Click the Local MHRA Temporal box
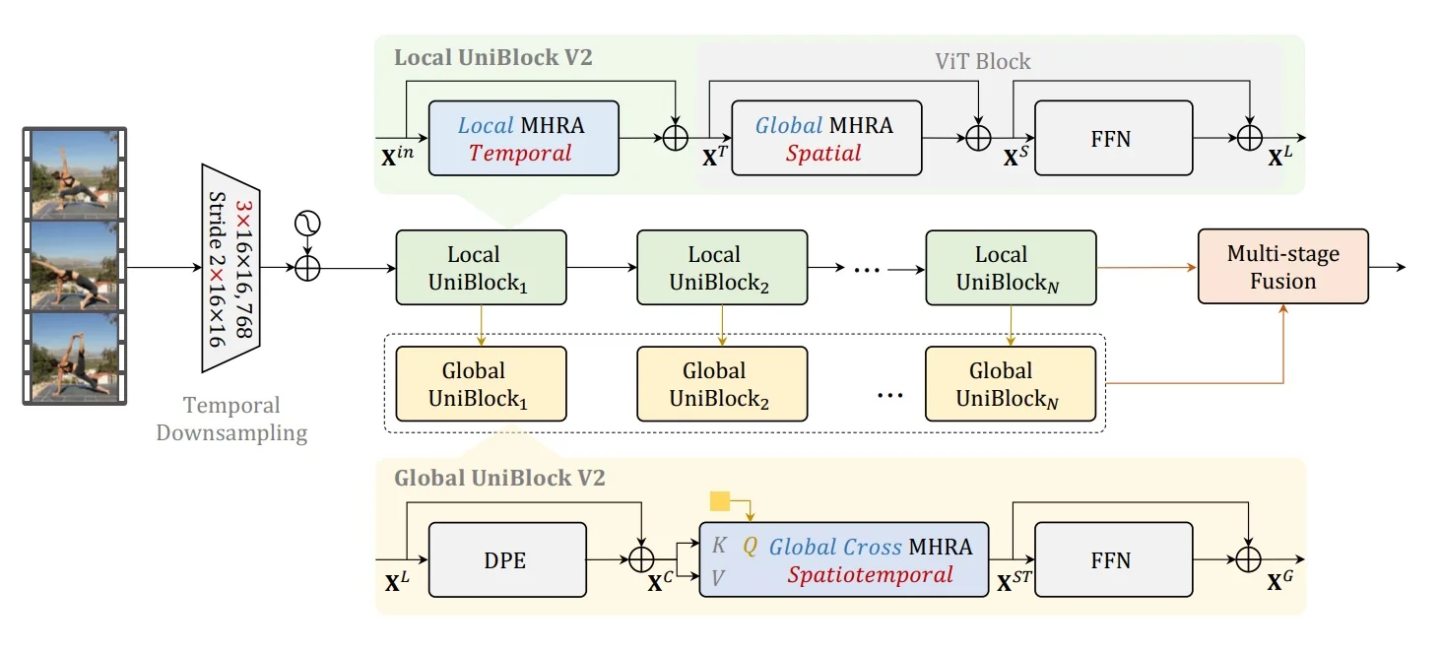click(x=523, y=139)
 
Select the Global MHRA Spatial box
click(x=826, y=139)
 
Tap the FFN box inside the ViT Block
click(x=1110, y=139)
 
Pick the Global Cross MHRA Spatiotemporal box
click(x=843, y=559)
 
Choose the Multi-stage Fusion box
click(x=1282, y=267)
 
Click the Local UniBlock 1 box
click(x=481, y=268)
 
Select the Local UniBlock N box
click(x=1011, y=268)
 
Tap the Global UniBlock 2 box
click(x=722, y=384)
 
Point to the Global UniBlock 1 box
click(x=481, y=384)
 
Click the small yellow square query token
click(x=719, y=502)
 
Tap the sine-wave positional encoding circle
click(x=307, y=225)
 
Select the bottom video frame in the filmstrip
click(x=76, y=356)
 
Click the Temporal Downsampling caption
click(x=231, y=419)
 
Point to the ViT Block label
click(x=982, y=62)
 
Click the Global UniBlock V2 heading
click(x=499, y=479)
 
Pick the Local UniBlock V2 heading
click(x=492, y=57)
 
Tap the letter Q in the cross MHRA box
click(x=750, y=546)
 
